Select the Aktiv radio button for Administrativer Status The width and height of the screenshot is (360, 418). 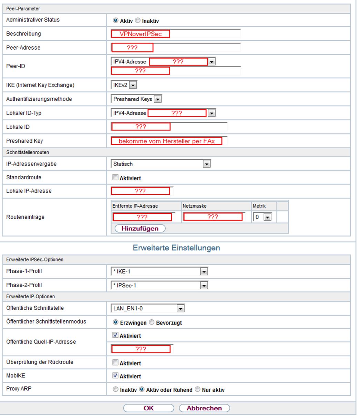(116, 21)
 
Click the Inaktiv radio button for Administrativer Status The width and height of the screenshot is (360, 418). (138, 21)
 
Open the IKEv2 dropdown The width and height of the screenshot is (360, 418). (133, 85)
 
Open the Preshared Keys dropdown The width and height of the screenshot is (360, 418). (157, 99)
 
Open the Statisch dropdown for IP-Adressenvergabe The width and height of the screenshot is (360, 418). (206, 164)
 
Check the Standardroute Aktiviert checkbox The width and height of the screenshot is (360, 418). (116, 178)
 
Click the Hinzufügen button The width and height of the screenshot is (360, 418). (140, 229)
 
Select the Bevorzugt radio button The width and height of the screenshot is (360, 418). (152, 323)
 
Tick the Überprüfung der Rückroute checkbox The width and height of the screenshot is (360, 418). (116, 363)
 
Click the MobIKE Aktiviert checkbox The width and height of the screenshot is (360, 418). (116, 376)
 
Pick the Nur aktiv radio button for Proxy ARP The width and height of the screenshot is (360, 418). (197, 390)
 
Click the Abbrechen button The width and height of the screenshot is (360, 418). (204, 408)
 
